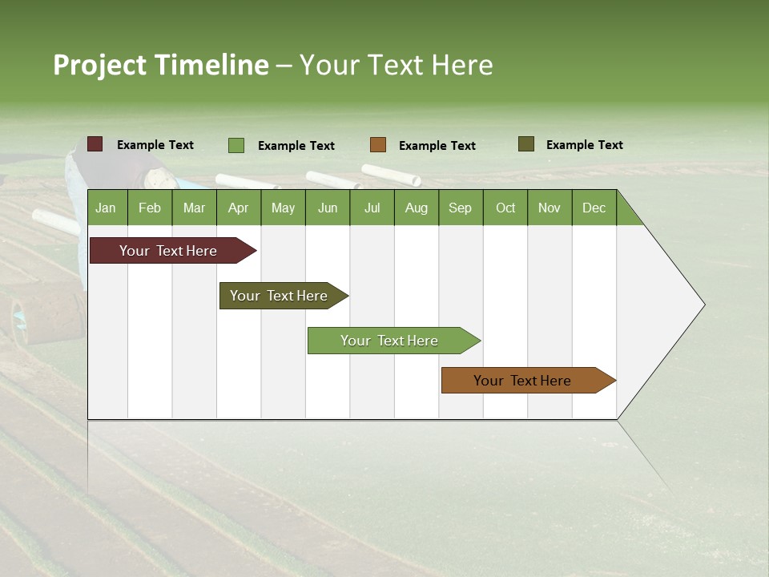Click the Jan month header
pos(106,208)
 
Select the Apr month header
pos(238,208)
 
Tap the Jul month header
pos(372,208)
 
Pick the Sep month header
pos(460,208)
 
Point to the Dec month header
pos(594,208)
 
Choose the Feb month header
pos(150,208)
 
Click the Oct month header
pos(505,208)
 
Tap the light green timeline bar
pos(390,341)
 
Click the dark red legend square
pos(95,144)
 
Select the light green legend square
pos(236,145)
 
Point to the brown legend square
pos(378,145)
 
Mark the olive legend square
pos(526,144)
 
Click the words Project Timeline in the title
pos(161,65)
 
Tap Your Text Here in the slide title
pos(396,65)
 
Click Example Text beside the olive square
pos(584,145)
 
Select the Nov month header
pos(550,208)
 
